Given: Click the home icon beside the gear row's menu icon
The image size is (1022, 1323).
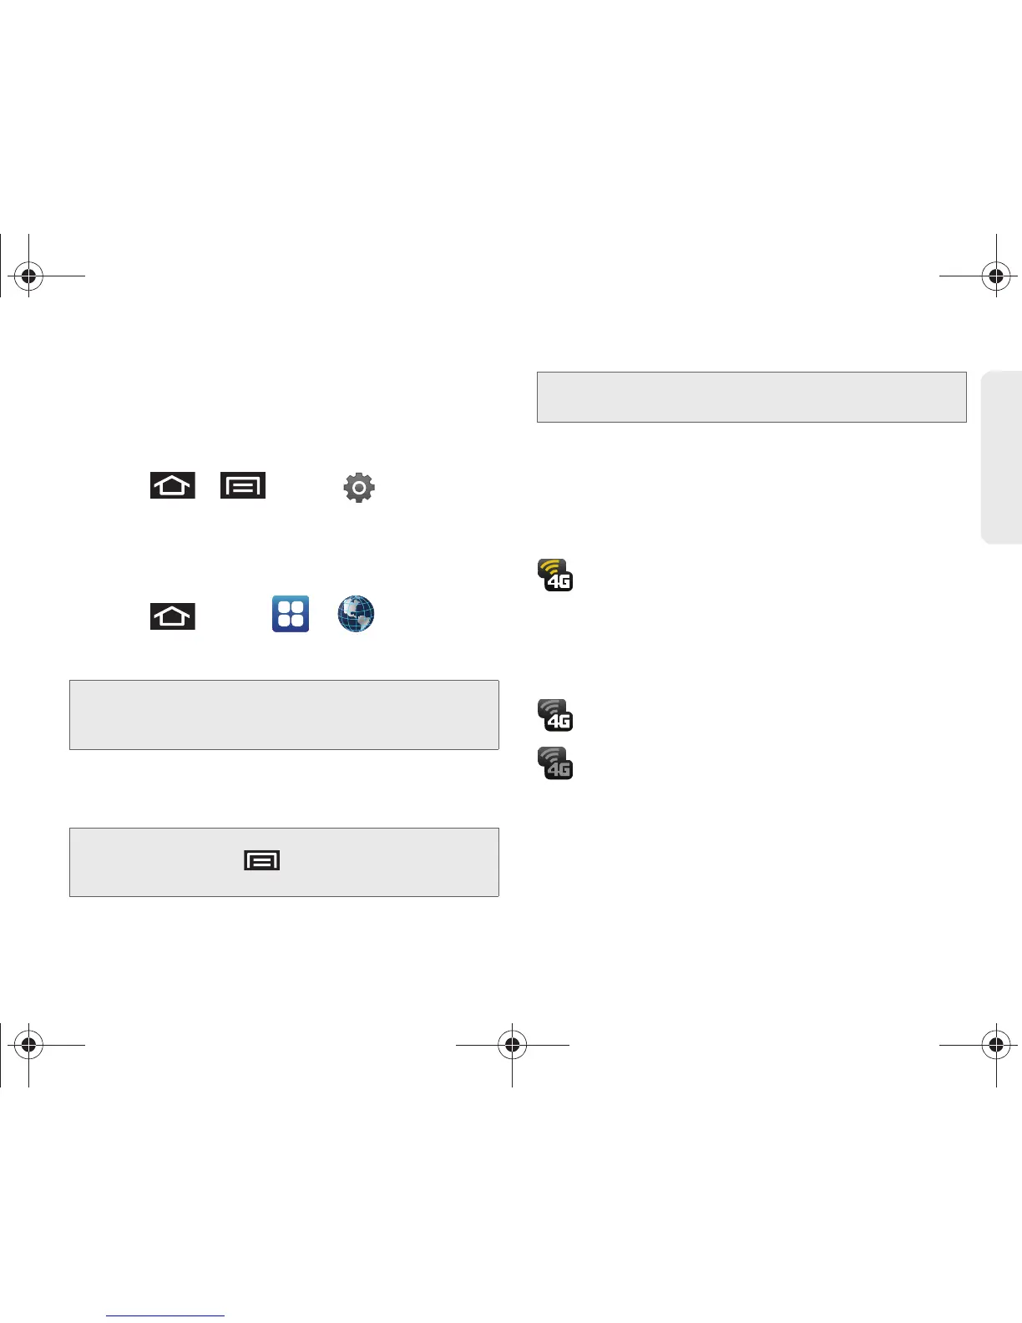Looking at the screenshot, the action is tap(173, 485).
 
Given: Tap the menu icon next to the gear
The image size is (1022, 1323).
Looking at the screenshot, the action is tap(243, 485).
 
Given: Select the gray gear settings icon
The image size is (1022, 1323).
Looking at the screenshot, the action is tap(359, 487).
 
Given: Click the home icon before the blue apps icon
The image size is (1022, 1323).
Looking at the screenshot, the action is tap(173, 616).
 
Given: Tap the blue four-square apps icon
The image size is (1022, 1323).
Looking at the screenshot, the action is tap(291, 614).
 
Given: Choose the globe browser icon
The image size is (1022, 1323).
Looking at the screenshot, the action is tap(356, 614).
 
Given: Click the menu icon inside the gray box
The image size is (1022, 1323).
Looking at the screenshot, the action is tap(261, 859).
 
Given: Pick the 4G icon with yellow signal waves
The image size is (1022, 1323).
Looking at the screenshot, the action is tap(555, 575).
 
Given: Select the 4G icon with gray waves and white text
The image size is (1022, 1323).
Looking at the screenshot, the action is tap(555, 716).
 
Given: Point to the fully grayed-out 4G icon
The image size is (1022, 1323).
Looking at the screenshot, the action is tap(555, 763).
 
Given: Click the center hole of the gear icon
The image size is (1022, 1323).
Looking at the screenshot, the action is tap(359, 487).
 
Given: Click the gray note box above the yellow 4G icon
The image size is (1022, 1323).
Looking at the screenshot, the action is tap(751, 397).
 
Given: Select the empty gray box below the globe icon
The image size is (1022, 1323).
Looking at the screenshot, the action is tap(284, 714).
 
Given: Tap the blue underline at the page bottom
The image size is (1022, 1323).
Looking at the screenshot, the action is tap(165, 1316).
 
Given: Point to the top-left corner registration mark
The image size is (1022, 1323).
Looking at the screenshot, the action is tap(28, 275).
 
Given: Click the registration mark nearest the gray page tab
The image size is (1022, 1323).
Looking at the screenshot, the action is tap(995, 275).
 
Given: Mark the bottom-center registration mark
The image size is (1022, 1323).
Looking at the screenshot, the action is tap(512, 1045).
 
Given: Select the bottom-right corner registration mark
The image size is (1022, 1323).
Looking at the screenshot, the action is tap(995, 1045).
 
